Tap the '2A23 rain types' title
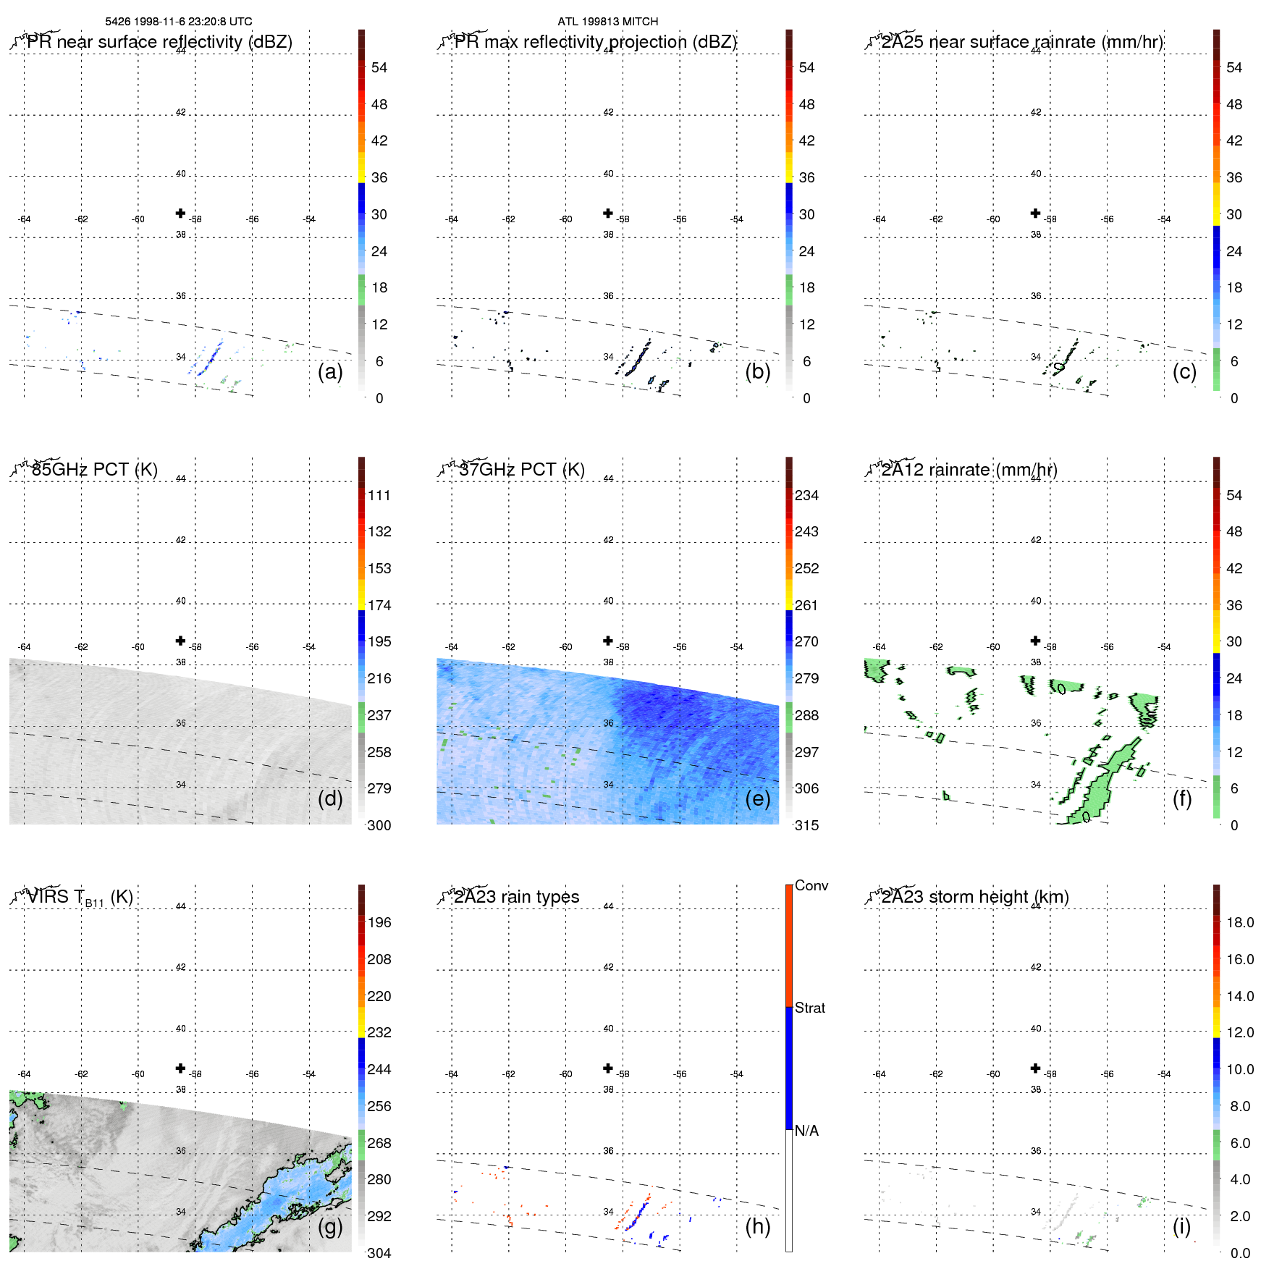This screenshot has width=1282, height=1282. [x=516, y=897]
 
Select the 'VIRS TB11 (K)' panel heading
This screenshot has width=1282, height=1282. [x=80, y=898]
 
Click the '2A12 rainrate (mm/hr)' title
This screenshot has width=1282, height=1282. [x=969, y=470]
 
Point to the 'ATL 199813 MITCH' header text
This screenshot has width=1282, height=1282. [x=607, y=22]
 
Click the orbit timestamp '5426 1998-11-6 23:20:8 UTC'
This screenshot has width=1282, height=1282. [x=179, y=22]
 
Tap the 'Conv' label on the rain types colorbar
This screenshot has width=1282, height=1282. [x=811, y=885]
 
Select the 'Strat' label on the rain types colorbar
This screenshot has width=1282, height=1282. [x=809, y=1008]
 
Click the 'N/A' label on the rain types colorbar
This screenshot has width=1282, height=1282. [x=806, y=1131]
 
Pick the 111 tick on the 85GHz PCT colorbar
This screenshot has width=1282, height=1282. [x=379, y=496]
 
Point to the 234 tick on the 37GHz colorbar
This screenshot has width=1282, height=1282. [x=806, y=496]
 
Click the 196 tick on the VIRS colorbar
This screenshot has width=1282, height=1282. [x=379, y=923]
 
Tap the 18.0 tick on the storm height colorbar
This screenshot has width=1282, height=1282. [x=1239, y=923]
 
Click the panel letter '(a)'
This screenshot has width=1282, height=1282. [x=330, y=371]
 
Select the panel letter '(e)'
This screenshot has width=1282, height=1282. [x=757, y=798]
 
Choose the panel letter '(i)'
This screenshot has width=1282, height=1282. [x=1181, y=1226]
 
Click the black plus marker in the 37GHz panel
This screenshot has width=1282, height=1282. [x=608, y=641]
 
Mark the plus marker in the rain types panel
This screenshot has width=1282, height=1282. [x=608, y=1068]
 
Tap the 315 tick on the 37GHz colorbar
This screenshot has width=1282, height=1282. [x=806, y=825]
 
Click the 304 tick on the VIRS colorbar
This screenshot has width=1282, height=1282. [x=379, y=1253]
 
